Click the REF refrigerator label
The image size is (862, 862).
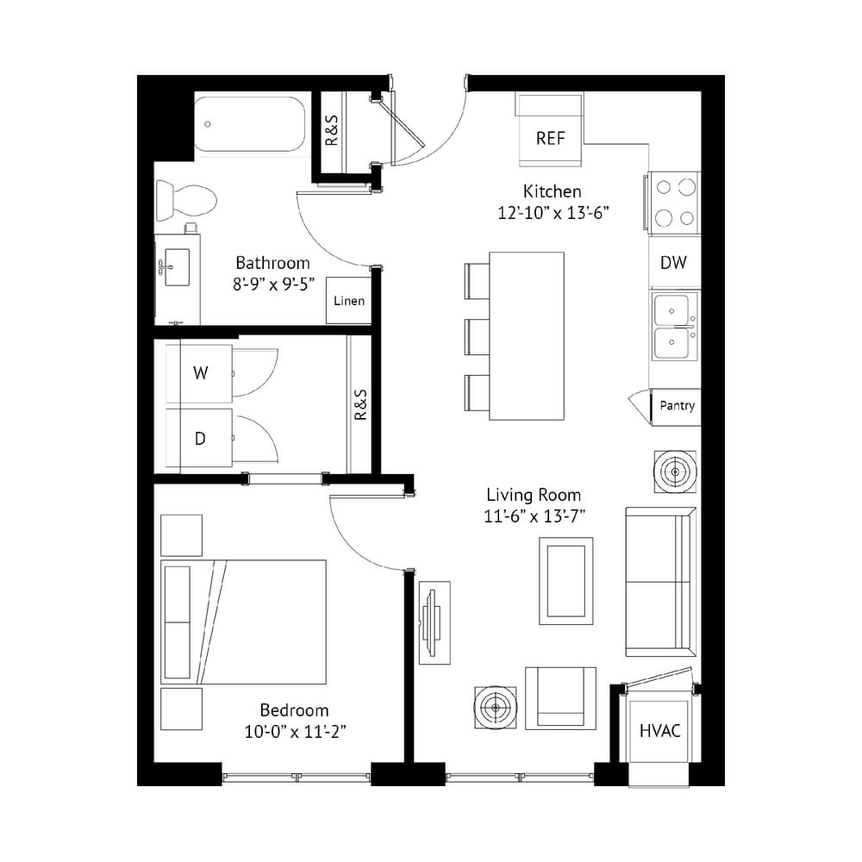(550, 138)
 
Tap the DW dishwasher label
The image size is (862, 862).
(673, 263)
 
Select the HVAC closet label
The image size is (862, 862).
(659, 731)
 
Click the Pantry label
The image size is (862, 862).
(677, 406)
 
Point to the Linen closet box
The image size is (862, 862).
(349, 300)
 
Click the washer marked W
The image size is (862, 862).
(199, 374)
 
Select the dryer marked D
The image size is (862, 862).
(199, 438)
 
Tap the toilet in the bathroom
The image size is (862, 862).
(186, 199)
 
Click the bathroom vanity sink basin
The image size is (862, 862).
(176, 268)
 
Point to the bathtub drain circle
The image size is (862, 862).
(207, 124)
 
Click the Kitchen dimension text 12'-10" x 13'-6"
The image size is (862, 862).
(553, 213)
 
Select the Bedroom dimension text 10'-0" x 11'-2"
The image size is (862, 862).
(295, 732)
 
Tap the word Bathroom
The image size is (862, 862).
(272, 263)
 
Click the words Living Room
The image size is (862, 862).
(534, 495)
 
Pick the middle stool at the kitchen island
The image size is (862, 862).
(478, 336)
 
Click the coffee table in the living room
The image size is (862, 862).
(565, 581)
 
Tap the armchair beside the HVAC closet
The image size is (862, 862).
(560, 698)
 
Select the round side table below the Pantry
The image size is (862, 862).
(675, 472)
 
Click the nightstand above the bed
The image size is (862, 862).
(181, 535)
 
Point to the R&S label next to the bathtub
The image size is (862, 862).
(332, 130)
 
